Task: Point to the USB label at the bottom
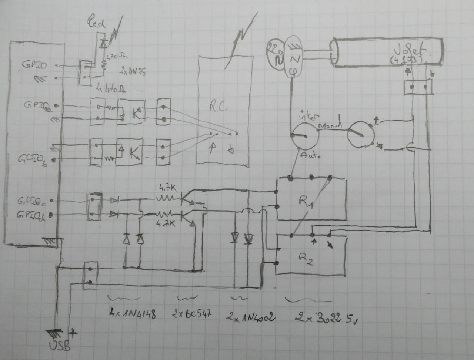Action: pyautogui.click(x=59, y=346)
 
